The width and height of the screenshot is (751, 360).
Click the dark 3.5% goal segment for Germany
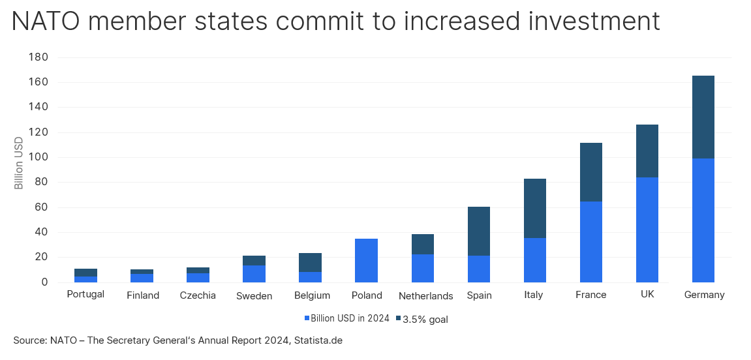pos(703,117)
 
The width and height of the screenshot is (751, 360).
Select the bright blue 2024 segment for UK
pos(647,230)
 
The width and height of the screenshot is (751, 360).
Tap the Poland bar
pos(367,260)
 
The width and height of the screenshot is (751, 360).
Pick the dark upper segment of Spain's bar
pos(478,232)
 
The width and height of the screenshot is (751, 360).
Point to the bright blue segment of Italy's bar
pos(534,260)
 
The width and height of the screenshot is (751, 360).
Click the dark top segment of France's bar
pos(590,172)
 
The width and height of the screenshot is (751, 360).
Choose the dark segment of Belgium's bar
pos(310,262)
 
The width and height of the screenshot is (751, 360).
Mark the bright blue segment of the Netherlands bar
pos(422,268)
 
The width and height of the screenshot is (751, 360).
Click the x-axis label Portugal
pos(85,294)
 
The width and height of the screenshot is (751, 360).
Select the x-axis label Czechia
pos(198,295)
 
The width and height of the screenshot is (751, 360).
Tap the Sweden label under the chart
pos(254,296)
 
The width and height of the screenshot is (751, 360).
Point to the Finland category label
pos(143,295)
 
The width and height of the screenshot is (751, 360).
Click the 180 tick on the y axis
pos(38,57)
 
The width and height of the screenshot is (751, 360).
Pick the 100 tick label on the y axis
pos(38,158)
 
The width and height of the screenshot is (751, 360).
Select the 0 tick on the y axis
pos(44,282)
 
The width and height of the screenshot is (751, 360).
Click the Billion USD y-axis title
pos(19,163)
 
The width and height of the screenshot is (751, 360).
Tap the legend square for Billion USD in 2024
pos(307,318)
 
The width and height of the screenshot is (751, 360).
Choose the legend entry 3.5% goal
pos(422,320)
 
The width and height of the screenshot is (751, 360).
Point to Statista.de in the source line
pos(318,340)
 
